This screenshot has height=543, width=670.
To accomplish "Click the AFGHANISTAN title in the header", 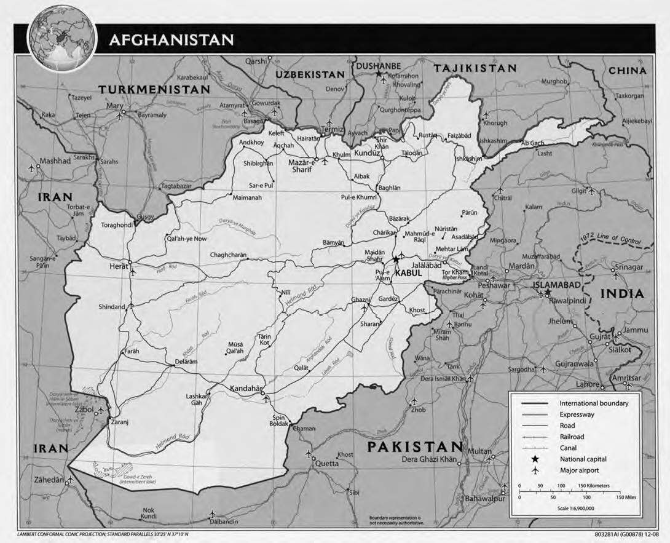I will click(x=171, y=41).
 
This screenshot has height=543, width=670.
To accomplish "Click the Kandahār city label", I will click(x=246, y=388).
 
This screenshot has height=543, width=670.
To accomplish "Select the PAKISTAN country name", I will click(x=415, y=446).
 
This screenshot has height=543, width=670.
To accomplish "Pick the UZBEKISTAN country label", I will click(x=310, y=74).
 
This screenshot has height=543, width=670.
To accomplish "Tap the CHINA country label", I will click(x=627, y=71).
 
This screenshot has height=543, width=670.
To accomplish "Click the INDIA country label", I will click(x=623, y=294).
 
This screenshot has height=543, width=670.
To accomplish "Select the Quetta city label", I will click(x=327, y=464).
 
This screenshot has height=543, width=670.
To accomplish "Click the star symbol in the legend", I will click(x=535, y=459).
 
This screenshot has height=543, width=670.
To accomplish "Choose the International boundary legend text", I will click(x=593, y=403).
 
